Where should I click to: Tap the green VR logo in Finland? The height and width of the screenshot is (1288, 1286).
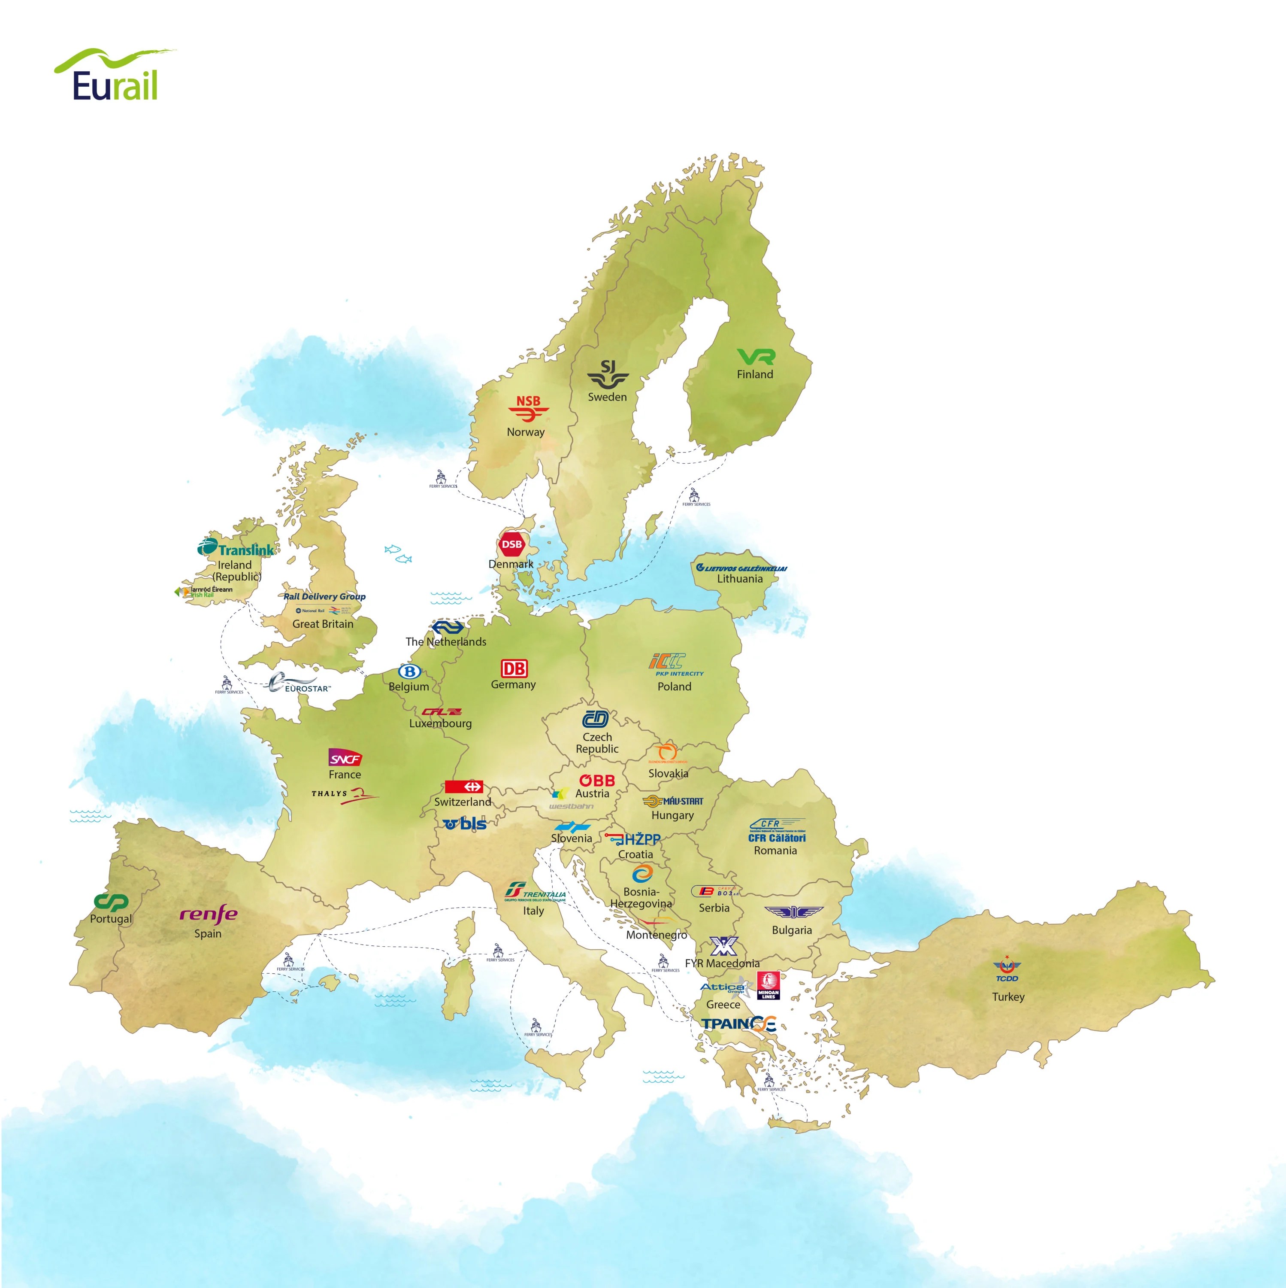(x=756, y=357)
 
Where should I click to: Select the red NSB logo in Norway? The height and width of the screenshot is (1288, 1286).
(x=528, y=408)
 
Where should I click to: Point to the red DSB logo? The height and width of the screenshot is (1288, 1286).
(x=512, y=544)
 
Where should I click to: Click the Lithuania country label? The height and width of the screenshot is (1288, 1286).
(x=740, y=579)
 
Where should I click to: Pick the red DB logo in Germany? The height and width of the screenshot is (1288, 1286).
(x=514, y=668)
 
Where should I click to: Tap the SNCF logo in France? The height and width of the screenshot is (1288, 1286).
(x=345, y=758)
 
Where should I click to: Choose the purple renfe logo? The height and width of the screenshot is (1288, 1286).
(x=208, y=913)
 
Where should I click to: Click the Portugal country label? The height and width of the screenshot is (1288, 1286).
(x=111, y=919)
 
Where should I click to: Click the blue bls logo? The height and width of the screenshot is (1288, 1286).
(x=465, y=823)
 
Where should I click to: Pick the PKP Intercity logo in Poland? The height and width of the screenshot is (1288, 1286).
(x=675, y=665)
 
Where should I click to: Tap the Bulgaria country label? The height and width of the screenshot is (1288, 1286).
(x=792, y=930)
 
